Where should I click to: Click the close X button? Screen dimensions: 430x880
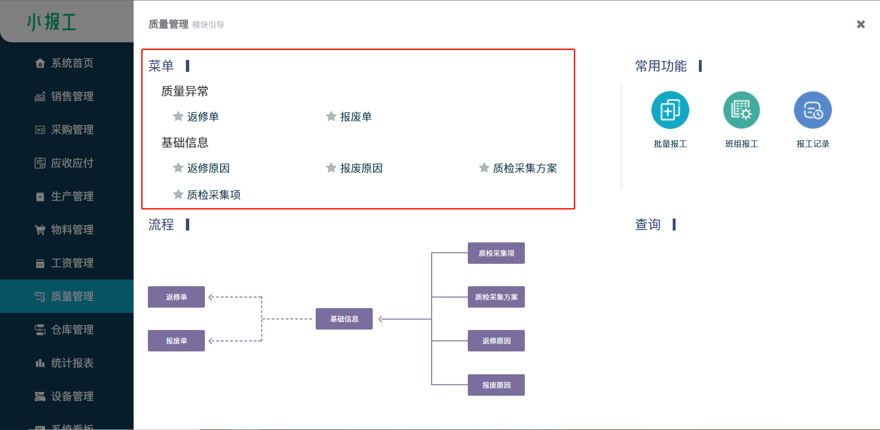pyautogui.click(x=861, y=24)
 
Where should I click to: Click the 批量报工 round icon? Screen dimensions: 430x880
pyautogui.click(x=670, y=110)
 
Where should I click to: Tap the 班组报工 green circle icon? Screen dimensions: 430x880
pyautogui.click(x=741, y=110)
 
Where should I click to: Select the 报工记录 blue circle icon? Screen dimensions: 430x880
pyautogui.click(x=812, y=110)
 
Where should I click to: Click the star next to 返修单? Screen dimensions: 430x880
pyautogui.click(x=178, y=116)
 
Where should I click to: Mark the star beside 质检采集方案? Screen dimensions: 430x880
pyautogui.click(x=484, y=168)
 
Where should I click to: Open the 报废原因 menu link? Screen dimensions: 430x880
pyautogui.click(x=361, y=168)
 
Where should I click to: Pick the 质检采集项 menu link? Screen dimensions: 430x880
pyautogui.click(x=213, y=195)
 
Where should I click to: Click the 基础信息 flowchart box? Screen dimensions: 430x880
pyautogui.click(x=344, y=319)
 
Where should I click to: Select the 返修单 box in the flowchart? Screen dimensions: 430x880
pyautogui.click(x=176, y=297)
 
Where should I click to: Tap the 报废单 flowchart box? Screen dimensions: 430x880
pyautogui.click(x=176, y=341)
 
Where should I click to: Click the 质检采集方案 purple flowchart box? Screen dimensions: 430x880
pyautogui.click(x=496, y=297)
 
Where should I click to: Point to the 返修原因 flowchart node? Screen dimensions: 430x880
pyautogui.click(x=496, y=341)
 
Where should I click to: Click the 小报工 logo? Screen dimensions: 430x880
pyautogui.click(x=51, y=22)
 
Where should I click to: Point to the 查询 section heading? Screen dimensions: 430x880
pyautogui.click(x=648, y=224)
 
